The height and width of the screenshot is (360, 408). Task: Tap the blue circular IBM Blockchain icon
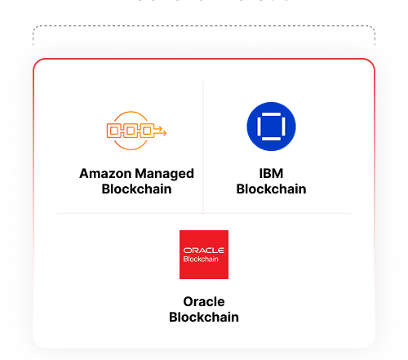click(271, 127)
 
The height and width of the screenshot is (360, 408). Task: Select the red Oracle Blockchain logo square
click(204, 255)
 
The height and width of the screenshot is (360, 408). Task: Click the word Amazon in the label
click(105, 173)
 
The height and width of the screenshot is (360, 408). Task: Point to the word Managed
click(164, 175)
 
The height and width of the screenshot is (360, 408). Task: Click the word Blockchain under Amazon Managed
click(136, 189)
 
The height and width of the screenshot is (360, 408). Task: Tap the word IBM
click(271, 173)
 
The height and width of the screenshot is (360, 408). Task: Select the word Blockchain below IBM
click(271, 189)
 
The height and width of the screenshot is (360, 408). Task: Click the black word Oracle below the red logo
click(204, 301)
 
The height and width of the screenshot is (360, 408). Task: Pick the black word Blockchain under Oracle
click(204, 317)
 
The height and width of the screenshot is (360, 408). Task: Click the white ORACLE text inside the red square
click(204, 251)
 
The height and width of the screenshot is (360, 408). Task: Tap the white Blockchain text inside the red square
click(201, 259)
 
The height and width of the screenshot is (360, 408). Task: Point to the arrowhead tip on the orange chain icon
click(166, 133)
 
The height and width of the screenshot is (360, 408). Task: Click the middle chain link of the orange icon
click(131, 131)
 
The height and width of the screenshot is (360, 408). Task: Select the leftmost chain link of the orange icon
click(113, 131)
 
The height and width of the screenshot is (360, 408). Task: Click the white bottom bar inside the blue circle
click(271, 139)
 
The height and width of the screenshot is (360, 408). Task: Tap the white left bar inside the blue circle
click(259, 127)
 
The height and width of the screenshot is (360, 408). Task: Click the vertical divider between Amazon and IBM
click(203, 148)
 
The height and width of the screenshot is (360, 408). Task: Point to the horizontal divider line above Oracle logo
click(204, 213)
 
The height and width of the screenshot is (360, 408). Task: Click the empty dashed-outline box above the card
click(204, 37)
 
